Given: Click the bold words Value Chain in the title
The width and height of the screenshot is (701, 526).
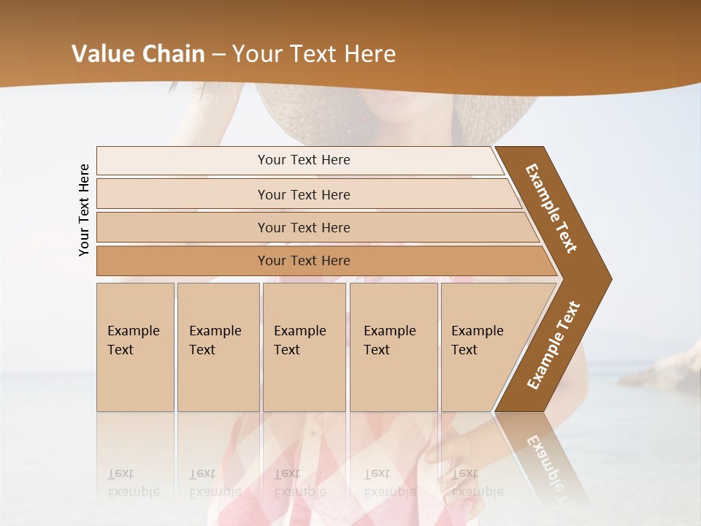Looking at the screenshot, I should (138, 54).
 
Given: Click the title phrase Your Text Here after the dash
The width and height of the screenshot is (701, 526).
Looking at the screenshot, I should (314, 54).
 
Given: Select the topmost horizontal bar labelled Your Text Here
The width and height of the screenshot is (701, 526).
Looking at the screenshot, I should (303, 160).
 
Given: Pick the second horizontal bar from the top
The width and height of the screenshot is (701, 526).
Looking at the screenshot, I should (303, 194).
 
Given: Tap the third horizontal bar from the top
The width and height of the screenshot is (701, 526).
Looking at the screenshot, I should (303, 228).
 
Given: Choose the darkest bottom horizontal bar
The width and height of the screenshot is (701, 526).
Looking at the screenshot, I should (303, 261).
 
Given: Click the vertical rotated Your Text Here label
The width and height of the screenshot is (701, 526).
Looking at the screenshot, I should (84, 210).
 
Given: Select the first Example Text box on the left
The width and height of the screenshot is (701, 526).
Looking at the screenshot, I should (135, 346).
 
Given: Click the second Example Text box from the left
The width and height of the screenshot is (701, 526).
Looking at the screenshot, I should (218, 346).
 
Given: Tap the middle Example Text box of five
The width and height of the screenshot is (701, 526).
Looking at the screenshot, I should (304, 346).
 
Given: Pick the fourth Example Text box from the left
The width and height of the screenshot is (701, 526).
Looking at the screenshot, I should (393, 346).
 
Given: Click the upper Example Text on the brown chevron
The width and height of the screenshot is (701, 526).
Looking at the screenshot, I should (552, 208).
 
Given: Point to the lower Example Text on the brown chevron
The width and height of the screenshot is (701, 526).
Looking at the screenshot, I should (553, 346).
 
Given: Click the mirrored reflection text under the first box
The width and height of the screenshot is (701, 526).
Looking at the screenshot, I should (134, 483).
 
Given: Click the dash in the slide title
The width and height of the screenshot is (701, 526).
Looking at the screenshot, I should (218, 55).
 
